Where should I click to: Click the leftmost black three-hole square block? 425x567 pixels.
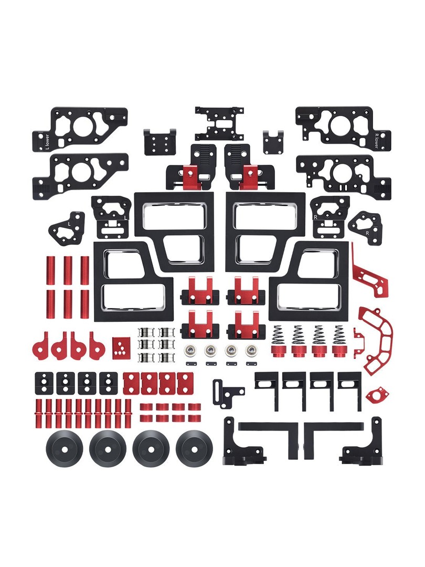[x=44, y=383]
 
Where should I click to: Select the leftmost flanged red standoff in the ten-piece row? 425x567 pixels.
[x=39, y=413]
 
